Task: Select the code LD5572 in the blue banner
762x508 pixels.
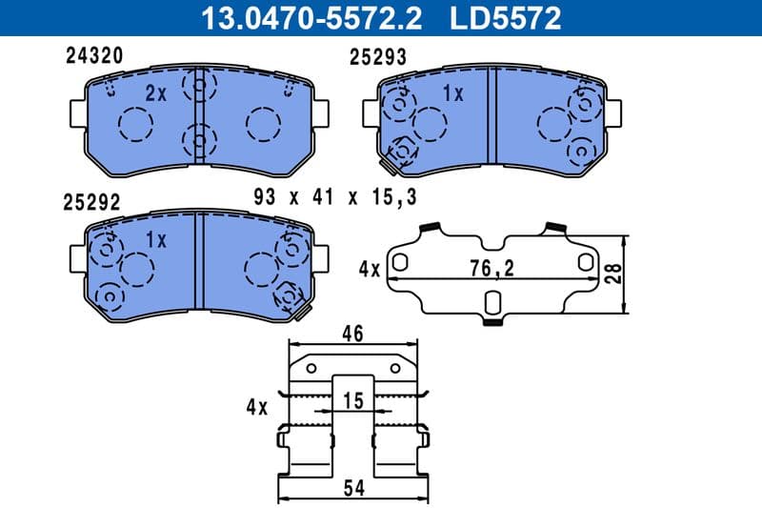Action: [506, 17]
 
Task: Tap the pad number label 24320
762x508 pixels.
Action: [93, 56]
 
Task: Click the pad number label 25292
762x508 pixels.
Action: [90, 202]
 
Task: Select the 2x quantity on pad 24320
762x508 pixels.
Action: [155, 92]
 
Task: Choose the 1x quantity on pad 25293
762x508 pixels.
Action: [452, 93]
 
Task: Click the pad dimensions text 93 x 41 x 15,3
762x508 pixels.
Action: [335, 197]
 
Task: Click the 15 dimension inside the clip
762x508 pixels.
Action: [353, 401]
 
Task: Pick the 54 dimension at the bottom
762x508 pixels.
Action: [353, 490]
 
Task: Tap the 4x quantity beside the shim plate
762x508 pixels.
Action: [369, 270]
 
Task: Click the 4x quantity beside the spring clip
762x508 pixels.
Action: [256, 406]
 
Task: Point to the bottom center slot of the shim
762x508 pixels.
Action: [491, 303]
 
